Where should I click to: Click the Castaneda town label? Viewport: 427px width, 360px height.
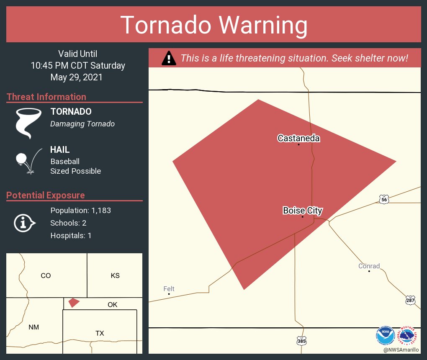pos(298,138)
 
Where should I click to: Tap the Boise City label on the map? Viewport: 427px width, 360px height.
pos(302,211)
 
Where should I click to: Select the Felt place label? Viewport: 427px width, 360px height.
pos(169,289)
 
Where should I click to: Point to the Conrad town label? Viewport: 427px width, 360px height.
pos(369,266)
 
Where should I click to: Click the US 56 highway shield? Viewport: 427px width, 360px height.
pos(384,200)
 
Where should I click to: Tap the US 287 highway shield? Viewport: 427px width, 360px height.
pos(410,300)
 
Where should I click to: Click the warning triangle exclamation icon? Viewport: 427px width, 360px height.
pos(168,58)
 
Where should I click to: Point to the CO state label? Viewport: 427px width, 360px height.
pos(46,275)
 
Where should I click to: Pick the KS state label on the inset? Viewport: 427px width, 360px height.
pos(115,275)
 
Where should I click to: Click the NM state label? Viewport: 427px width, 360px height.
pos(34,327)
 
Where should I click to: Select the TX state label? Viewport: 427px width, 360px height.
pos(100,333)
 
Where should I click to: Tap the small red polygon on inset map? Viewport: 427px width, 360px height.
pos(74,302)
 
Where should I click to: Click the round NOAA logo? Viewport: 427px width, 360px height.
pos(385,336)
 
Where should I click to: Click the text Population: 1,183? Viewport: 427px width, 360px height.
pos(80,211)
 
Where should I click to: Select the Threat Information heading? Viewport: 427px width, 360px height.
pos(46,97)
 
